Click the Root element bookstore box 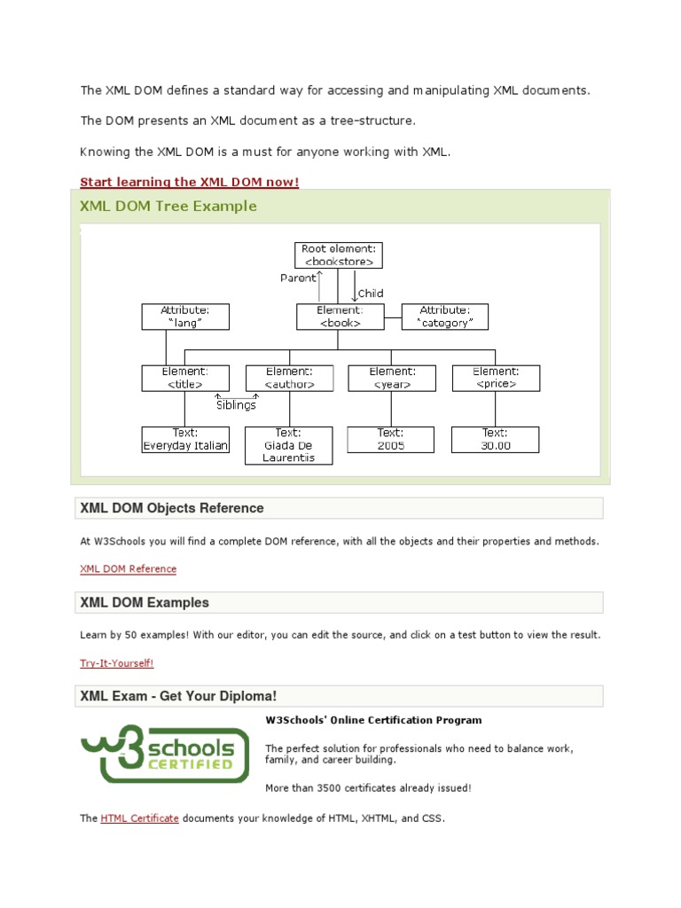339,255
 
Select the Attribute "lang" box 185,317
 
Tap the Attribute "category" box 445,317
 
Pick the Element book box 339,317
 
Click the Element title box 185,378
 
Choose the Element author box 289,378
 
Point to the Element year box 391,378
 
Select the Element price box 496,378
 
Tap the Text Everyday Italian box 185,440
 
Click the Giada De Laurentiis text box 289,445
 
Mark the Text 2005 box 391,440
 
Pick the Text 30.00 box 496,440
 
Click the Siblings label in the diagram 236,405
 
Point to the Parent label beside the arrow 298,278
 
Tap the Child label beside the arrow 371,294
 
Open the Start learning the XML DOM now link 190,182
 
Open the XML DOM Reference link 128,569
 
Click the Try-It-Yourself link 116,663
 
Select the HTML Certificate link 140,818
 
